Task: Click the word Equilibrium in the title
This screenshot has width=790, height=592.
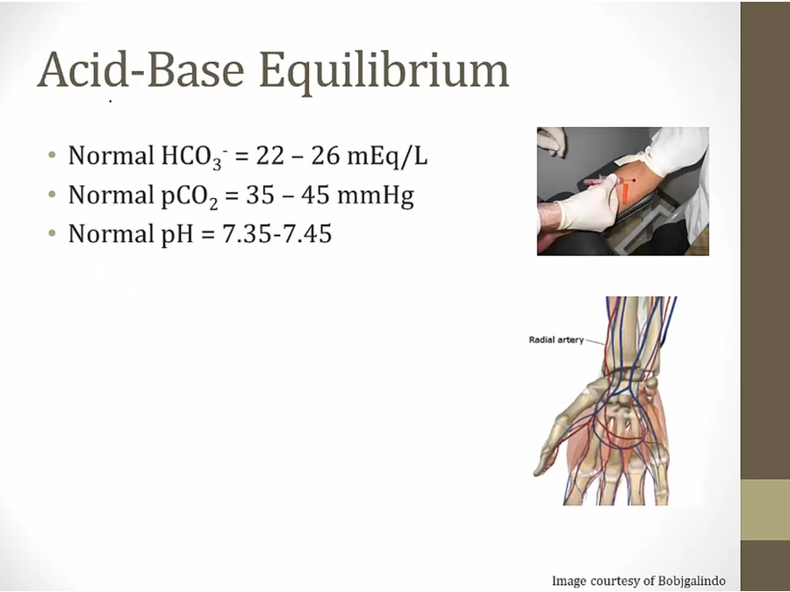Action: (384, 71)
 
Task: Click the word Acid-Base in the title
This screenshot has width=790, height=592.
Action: (141, 69)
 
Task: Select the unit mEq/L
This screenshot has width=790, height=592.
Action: (387, 156)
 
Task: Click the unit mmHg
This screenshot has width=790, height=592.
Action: (376, 196)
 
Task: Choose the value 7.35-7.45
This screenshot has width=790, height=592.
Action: (276, 234)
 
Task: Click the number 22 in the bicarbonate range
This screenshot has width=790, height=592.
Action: (270, 155)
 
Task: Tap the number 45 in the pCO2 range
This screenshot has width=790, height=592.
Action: (316, 195)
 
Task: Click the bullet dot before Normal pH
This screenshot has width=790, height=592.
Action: (52, 233)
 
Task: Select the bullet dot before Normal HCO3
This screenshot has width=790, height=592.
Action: (52, 155)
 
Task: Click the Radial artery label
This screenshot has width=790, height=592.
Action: (557, 339)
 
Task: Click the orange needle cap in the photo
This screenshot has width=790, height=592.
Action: (626, 191)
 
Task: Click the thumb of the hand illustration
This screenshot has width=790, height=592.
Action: (548, 451)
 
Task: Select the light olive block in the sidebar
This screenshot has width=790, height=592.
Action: (765, 510)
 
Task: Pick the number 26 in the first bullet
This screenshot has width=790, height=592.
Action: (326, 155)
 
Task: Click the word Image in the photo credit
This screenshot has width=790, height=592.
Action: (568, 581)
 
